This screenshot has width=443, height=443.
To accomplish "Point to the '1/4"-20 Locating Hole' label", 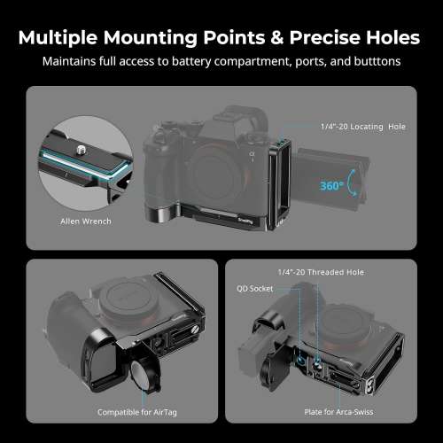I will pyautogui.click(x=363, y=128).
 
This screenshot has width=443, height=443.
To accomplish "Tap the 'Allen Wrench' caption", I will pyautogui.click(x=86, y=221).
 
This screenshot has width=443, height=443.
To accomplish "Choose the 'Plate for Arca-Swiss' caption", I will pyautogui.click(x=359, y=412).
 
